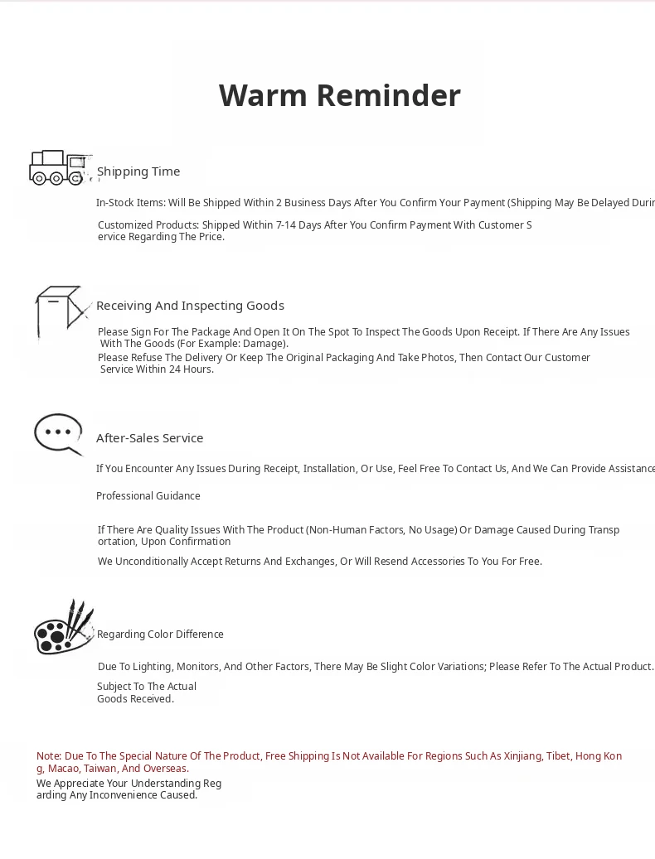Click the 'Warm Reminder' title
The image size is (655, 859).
pyautogui.click(x=339, y=95)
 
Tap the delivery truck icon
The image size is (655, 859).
pyautogui.click(x=59, y=167)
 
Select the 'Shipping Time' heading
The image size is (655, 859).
pyautogui.click(x=138, y=171)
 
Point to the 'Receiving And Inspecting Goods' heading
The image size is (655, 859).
pyautogui.click(x=190, y=306)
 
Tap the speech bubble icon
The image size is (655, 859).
pyautogui.click(x=59, y=434)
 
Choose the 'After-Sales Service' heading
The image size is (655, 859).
pyautogui.click(x=149, y=438)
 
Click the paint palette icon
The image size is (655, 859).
pyautogui.click(x=63, y=628)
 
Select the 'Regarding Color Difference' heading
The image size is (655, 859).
pyautogui.click(x=160, y=635)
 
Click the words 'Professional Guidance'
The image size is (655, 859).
pyautogui.click(x=148, y=496)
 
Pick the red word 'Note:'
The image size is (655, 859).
pyautogui.click(x=49, y=756)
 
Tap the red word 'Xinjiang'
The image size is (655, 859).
pyautogui.click(x=522, y=756)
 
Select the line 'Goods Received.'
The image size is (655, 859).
pyautogui.click(x=135, y=699)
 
